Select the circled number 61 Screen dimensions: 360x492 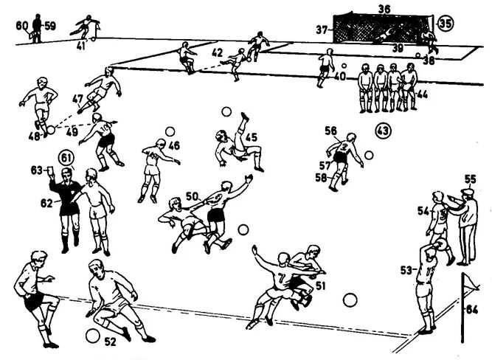[x=67, y=157]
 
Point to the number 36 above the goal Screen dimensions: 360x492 [x=383, y=9]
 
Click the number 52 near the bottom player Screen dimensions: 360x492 [x=110, y=341]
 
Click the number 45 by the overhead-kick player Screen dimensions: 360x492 [x=252, y=136]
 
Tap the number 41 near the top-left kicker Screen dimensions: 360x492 [x=80, y=46]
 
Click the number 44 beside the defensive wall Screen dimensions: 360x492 [x=422, y=94]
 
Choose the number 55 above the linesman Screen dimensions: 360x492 [x=471, y=179]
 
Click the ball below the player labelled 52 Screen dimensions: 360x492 [x=92, y=336]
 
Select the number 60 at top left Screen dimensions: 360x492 [x=22, y=24]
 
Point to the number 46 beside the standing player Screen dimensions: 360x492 [x=174, y=145]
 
